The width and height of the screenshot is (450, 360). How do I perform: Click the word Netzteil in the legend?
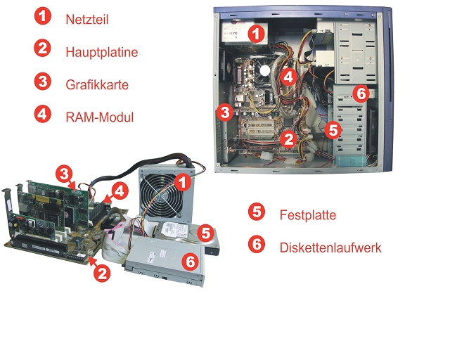click(86, 20)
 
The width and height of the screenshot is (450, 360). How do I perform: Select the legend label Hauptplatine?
click(101, 52)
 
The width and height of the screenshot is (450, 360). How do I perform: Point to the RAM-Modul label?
click(99, 117)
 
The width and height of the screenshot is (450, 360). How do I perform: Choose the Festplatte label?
click(307, 214)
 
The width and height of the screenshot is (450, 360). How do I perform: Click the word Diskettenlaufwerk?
click(330, 247)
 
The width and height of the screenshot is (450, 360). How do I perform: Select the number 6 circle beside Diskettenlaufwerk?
click(257, 244)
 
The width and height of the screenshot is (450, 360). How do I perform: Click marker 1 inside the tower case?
click(257, 32)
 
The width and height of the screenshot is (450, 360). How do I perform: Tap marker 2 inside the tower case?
click(288, 139)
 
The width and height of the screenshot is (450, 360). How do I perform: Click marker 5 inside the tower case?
click(333, 129)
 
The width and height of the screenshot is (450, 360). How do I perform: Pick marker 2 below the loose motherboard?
click(102, 274)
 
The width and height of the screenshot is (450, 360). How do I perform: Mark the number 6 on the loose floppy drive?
click(190, 261)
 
